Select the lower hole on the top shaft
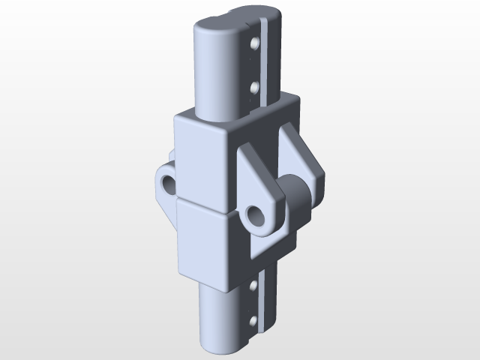coord(255,88)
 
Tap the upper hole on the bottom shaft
coord(253,286)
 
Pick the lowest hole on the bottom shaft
coord(253,322)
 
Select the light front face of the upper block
coord(202,161)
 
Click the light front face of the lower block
coord(202,240)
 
